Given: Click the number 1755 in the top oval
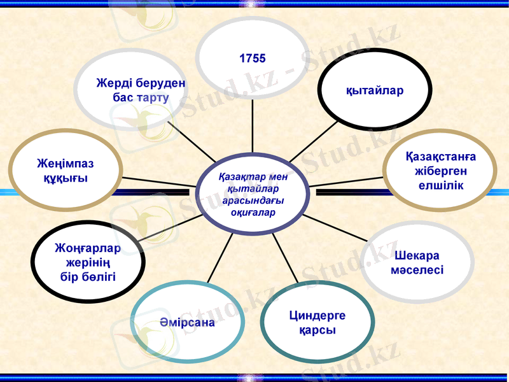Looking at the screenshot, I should click(x=253, y=59).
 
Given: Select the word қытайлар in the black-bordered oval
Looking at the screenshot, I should click(x=375, y=90).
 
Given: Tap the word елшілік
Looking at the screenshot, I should click(x=441, y=185).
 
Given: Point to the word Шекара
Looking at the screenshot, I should click(x=417, y=255).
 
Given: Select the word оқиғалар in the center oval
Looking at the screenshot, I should click(x=253, y=212).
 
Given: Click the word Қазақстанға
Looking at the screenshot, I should click(x=441, y=157).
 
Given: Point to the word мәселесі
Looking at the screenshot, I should click(x=417, y=270).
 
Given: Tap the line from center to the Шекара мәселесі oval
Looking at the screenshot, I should click(x=337, y=229).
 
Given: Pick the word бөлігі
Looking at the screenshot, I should click(x=88, y=276).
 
